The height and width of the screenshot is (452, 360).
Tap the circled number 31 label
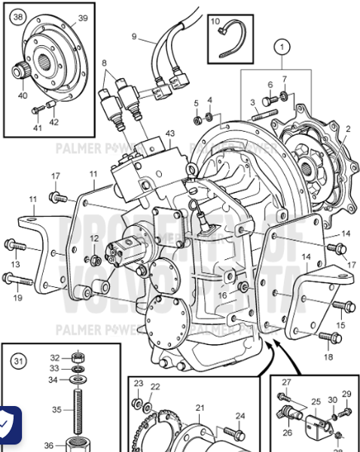click(x=18, y=360)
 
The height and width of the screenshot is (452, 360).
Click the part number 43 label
click(x=169, y=133)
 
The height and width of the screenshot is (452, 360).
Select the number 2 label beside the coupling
click(x=347, y=129)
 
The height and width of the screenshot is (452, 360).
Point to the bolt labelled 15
click(x=341, y=306)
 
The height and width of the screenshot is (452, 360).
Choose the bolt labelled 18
click(x=329, y=337)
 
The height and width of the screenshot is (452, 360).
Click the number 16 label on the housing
click(x=222, y=295)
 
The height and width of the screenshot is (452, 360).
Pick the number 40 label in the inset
click(x=22, y=94)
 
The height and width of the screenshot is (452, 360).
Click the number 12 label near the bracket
click(x=94, y=238)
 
